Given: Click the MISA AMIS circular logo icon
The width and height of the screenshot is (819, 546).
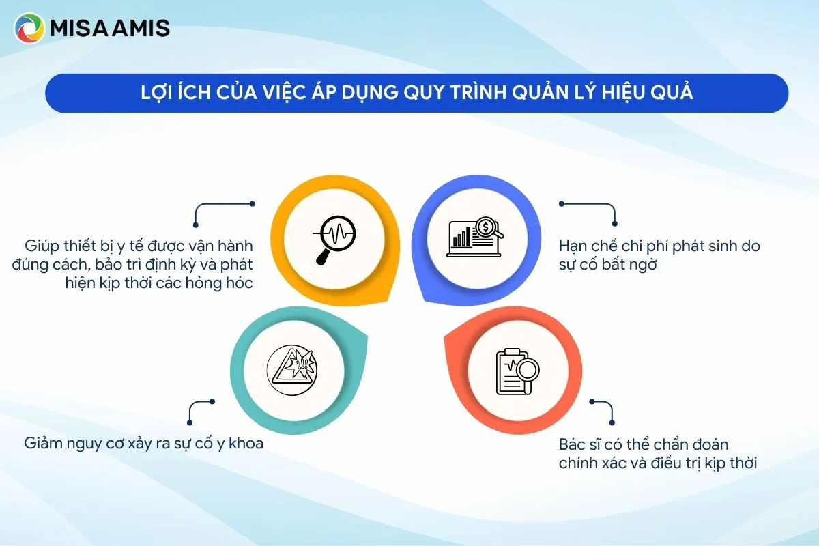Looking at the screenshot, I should (x=29, y=29).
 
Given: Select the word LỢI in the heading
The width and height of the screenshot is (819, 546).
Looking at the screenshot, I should (x=156, y=93).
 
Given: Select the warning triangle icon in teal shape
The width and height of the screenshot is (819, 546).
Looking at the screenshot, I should (x=291, y=367).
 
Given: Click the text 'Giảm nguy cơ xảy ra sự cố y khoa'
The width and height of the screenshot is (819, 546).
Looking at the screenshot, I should (x=143, y=443).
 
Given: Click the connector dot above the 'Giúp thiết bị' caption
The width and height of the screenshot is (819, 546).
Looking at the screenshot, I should (x=252, y=203).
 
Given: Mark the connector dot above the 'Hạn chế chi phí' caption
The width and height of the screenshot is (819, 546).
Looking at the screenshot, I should (x=562, y=203).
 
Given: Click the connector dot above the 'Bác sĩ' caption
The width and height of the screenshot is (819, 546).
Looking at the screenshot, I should (x=591, y=402).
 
